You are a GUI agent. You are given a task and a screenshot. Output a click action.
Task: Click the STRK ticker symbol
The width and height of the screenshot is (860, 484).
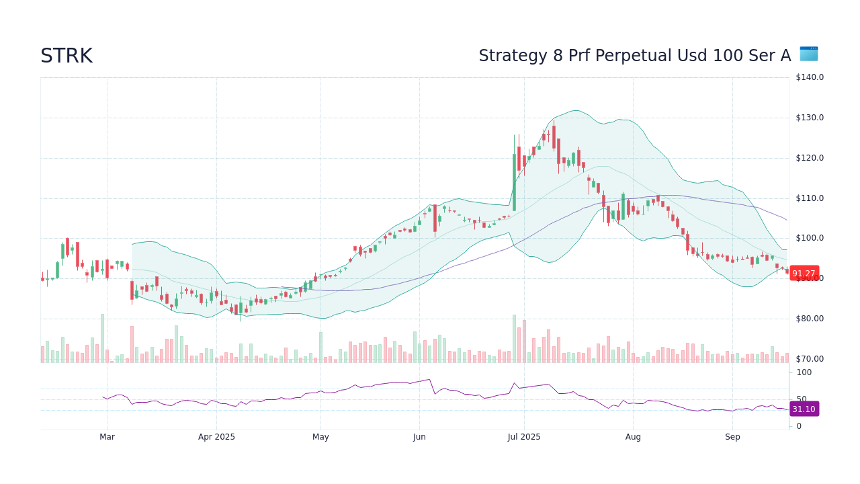tap(67, 56)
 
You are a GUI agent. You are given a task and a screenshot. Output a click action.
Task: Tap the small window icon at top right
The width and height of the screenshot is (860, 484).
tap(808, 54)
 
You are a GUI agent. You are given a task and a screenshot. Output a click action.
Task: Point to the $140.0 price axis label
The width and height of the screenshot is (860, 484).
tap(809, 77)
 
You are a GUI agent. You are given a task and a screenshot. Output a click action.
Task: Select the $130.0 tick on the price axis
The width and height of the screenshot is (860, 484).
tap(809, 118)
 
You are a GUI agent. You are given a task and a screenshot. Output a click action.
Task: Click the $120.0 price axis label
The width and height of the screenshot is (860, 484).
tap(809, 158)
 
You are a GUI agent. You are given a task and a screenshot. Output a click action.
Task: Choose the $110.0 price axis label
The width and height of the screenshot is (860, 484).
tap(809, 198)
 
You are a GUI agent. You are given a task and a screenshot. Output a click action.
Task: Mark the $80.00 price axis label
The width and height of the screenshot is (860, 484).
tap(809, 319)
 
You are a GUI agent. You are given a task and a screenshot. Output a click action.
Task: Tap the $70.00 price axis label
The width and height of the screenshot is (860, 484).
tap(809, 359)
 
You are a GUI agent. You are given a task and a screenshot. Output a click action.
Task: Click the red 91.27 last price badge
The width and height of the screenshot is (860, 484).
tap(804, 273)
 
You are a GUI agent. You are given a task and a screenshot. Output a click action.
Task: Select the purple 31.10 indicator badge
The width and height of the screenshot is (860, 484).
tap(804, 409)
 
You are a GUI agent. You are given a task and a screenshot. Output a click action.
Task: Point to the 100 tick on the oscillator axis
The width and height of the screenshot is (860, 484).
tap(804, 372)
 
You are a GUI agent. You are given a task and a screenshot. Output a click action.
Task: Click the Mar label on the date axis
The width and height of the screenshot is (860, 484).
tap(107, 437)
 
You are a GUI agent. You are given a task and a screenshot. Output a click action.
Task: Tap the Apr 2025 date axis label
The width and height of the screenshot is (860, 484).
tap(216, 437)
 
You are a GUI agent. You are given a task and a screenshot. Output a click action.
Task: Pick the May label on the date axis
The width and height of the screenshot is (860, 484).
tap(320, 437)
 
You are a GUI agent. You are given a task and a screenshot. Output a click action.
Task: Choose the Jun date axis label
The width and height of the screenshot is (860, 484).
tap(419, 437)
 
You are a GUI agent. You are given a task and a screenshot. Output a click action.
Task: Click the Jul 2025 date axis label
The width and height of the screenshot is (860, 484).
tap(524, 437)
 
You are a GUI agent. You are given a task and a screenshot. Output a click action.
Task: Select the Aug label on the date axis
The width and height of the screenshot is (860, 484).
tap(633, 437)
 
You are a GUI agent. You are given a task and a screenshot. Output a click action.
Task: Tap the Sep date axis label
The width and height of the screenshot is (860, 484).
tap(732, 437)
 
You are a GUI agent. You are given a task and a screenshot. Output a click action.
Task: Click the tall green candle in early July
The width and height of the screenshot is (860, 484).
tap(514, 182)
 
